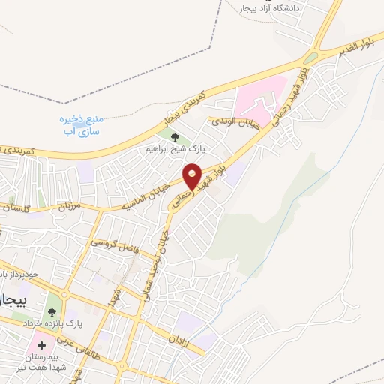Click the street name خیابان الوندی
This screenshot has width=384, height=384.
[x=235, y=121]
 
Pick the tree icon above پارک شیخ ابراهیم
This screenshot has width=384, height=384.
[x=175, y=137]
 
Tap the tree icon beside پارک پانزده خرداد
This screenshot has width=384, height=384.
[x=52, y=307]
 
